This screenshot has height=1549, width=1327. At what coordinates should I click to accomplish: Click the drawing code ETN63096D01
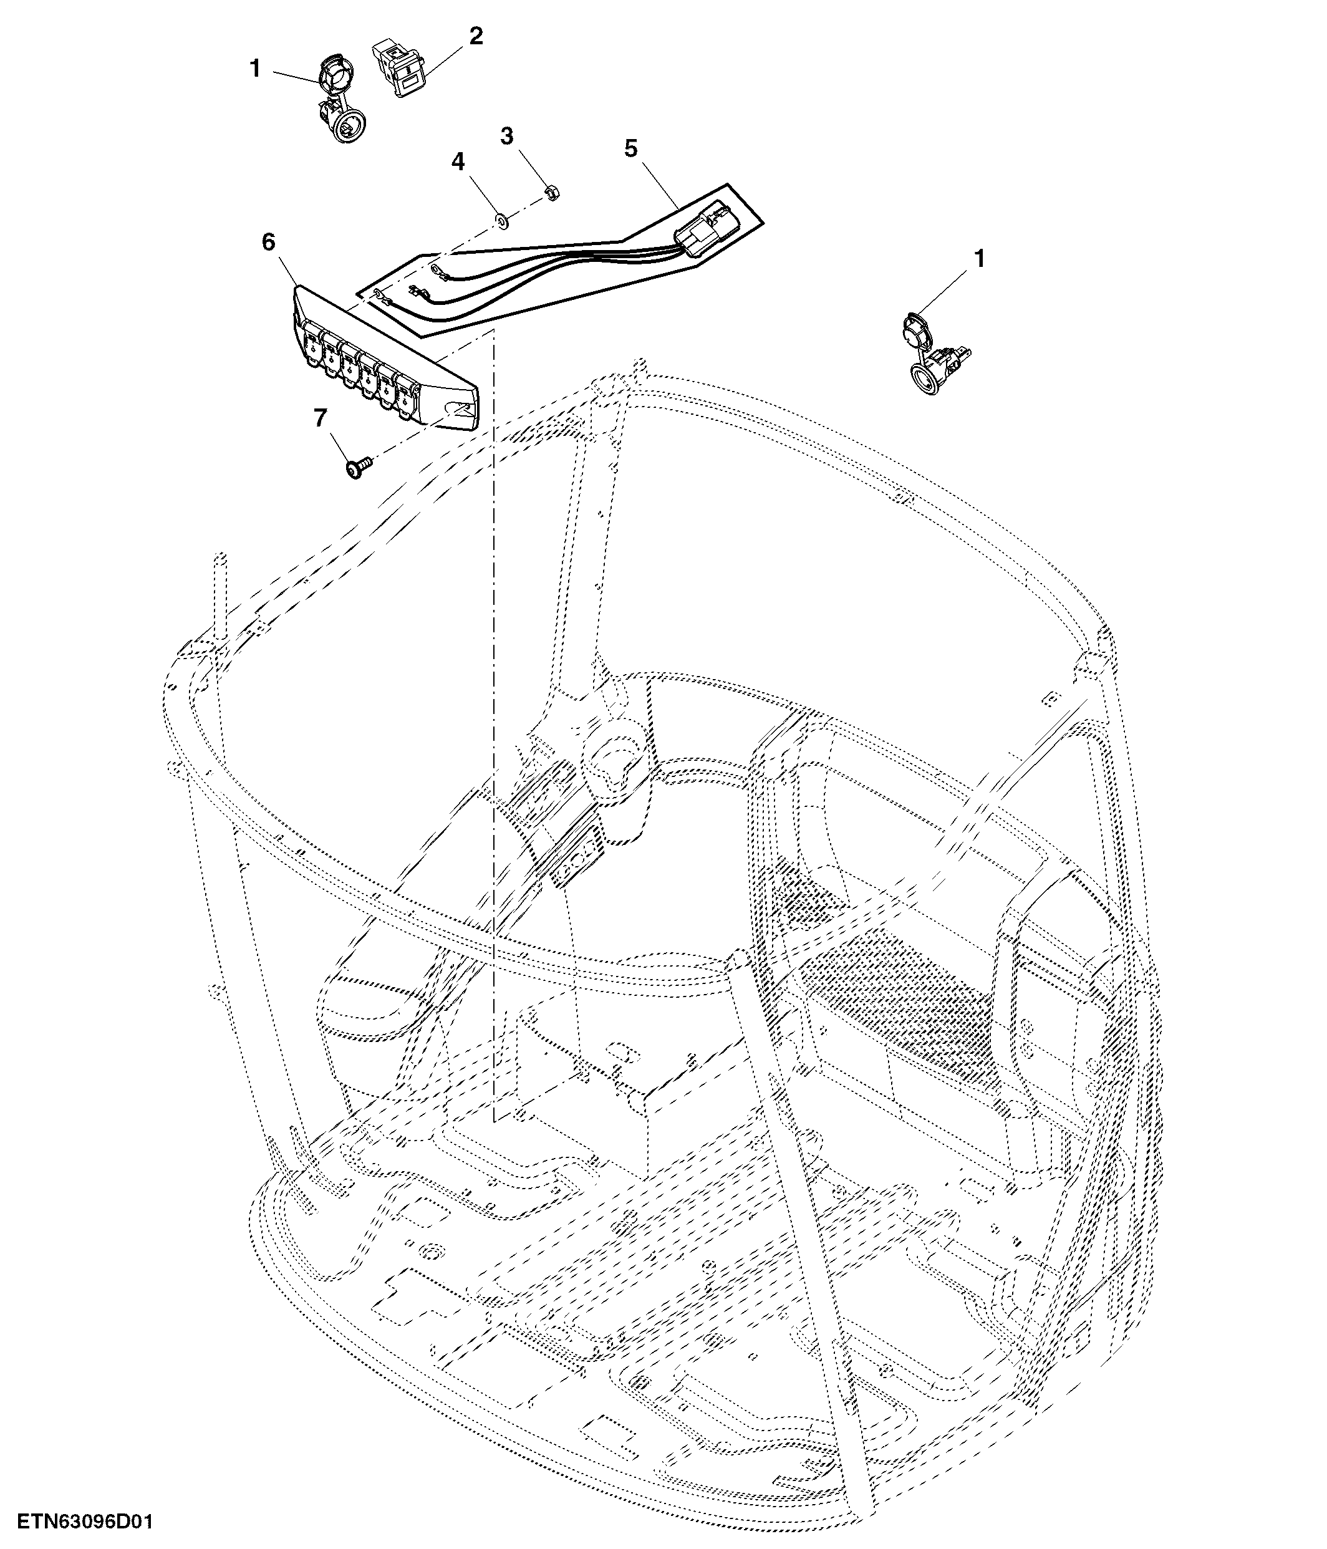(x=85, y=1522)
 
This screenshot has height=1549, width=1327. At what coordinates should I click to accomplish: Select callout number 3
(x=507, y=136)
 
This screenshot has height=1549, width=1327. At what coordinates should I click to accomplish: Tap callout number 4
(x=458, y=161)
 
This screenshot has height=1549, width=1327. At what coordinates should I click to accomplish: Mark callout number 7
(x=321, y=418)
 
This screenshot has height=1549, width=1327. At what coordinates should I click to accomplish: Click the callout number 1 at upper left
(x=255, y=69)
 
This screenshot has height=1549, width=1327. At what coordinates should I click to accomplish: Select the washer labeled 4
(x=503, y=221)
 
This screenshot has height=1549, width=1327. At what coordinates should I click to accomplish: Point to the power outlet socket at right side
(x=937, y=351)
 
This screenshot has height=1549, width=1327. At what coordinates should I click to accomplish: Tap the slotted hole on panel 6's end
(x=457, y=409)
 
